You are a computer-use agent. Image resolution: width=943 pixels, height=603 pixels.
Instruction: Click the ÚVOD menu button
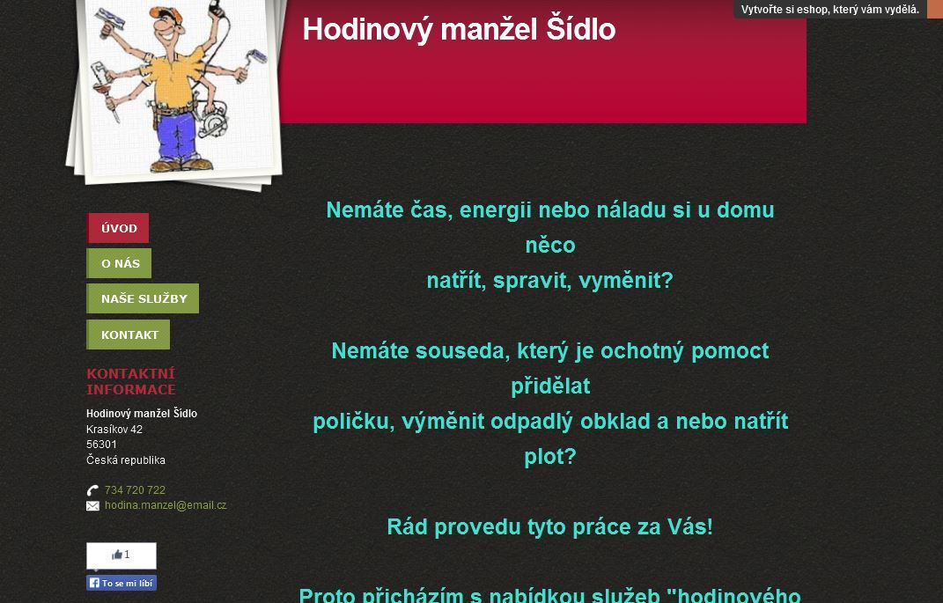118,228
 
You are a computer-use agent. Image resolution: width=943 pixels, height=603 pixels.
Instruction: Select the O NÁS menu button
119,263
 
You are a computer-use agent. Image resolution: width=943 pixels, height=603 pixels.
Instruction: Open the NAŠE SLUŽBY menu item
143,298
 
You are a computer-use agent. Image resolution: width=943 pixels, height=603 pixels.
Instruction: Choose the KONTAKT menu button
128,335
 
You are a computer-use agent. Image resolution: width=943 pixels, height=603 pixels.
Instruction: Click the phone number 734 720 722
135,490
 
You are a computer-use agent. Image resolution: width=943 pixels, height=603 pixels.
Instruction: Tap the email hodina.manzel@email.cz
166,505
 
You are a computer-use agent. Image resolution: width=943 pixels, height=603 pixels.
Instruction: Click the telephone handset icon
92,490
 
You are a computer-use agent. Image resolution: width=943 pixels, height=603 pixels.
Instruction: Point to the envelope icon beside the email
92,506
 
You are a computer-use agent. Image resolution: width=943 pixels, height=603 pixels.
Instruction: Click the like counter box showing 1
122,555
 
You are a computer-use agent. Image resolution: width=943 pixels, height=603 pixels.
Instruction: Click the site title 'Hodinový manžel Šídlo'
459,29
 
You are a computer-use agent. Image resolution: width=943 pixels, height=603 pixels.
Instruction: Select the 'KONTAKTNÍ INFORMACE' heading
131,381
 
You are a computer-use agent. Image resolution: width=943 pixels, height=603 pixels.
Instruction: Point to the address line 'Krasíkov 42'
114,430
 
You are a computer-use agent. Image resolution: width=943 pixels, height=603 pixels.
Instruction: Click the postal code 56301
101,445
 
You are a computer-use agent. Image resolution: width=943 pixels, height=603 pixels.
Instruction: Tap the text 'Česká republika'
126,460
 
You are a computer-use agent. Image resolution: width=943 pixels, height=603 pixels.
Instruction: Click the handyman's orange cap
166,14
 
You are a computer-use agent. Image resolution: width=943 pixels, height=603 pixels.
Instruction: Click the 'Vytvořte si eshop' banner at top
830,9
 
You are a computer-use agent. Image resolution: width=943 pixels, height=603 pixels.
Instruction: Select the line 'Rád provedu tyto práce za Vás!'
549,526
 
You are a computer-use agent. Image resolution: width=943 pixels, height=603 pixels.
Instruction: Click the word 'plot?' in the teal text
549,457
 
